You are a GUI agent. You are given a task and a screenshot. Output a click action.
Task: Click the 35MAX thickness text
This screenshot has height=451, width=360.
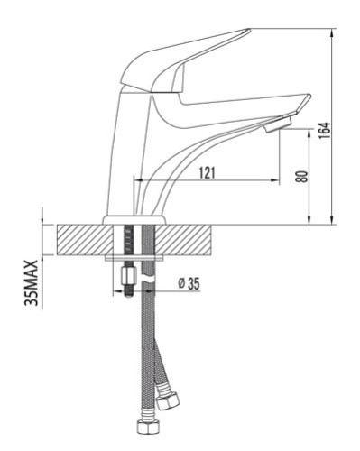tap(31, 281)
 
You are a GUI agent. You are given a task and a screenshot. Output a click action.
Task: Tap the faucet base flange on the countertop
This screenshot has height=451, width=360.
tap(135, 220)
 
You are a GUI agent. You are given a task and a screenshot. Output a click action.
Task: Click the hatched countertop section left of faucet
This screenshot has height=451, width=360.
tap(81, 240)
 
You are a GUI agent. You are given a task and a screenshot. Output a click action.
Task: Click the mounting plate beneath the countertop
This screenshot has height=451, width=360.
tap(135, 258)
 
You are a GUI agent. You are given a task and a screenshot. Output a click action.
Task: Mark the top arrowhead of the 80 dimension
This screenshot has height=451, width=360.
tap(311, 129)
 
